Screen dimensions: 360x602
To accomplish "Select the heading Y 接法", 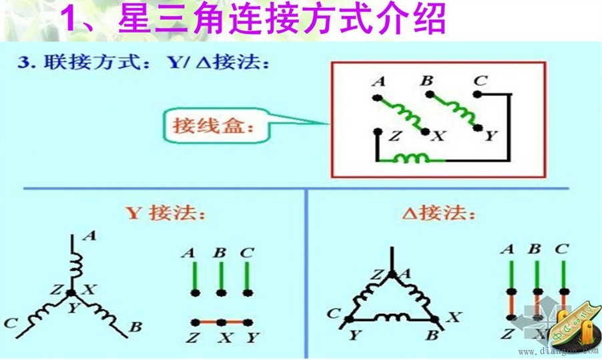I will (166, 214).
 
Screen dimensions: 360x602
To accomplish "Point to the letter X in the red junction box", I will (438, 136).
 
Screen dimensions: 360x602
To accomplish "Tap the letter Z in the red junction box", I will (394, 136).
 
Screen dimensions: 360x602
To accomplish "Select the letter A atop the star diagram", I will (91, 236).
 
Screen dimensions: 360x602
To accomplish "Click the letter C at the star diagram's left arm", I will (11, 324).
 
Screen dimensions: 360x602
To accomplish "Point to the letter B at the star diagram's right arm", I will (135, 327).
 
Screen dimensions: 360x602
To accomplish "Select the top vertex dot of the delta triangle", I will (391, 273).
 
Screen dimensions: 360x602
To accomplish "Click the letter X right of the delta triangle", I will (454, 317).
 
